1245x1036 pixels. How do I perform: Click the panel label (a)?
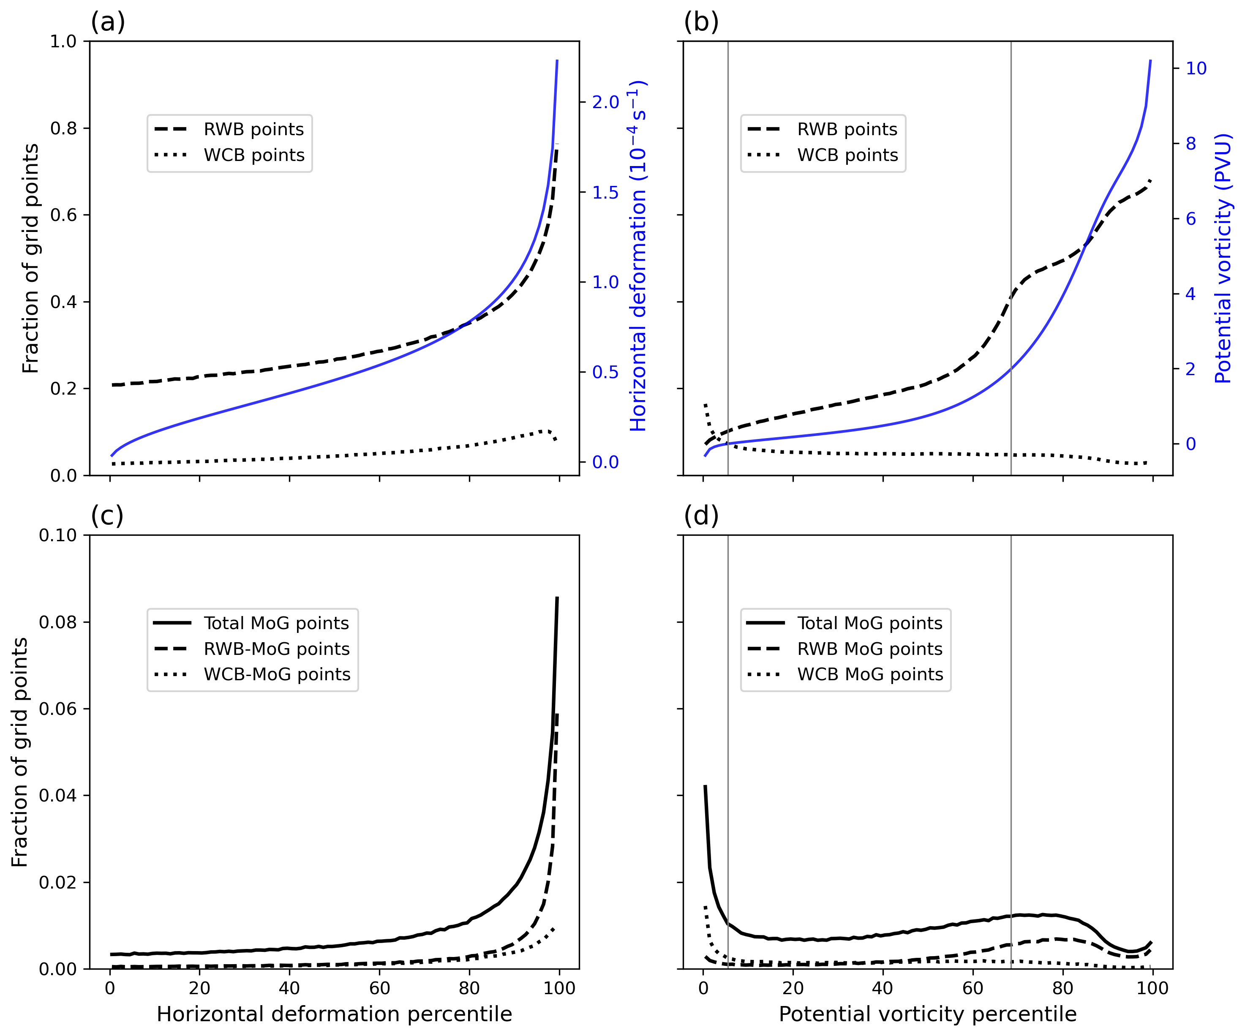pyautogui.click(x=108, y=22)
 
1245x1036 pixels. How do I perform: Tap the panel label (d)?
pyautogui.click(x=701, y=516)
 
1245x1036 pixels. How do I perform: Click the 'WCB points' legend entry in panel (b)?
pyautogui.click(x=847, y=155)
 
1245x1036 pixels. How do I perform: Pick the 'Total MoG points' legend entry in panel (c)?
pyautogui.click(x=276, y=623)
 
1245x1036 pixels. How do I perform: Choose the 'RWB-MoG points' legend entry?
pyautogui.click(x=276, y=649)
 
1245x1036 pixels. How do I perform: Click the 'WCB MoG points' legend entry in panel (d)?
pyautogui.click(x=870, y=674)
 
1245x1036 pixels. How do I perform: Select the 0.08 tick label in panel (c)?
pyautogui.click(x=57, y=622)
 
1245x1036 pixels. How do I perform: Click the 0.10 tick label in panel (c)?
pyautogui.click(x=57, y=535)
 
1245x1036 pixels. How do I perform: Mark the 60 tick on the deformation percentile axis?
pyautogui.click(x=379, y=988)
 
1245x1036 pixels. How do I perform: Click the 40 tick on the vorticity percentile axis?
pyautogui.click(x=883, y=988)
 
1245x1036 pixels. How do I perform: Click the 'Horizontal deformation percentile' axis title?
pyautogui.click(x=334, y=1014)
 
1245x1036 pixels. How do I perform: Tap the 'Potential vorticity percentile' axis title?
pyautogui.click(x=927, y=1014)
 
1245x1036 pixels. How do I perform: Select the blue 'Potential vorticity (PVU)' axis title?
pyautogui.click(x=1223, y=258)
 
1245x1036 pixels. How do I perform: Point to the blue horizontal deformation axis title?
pyautogui.click(x=638, y=256)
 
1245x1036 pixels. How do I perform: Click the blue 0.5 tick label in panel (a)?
pyautogui.click(x=605, y=372)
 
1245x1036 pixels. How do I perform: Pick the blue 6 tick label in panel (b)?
pyautogui.click(x=1191, y=219)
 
